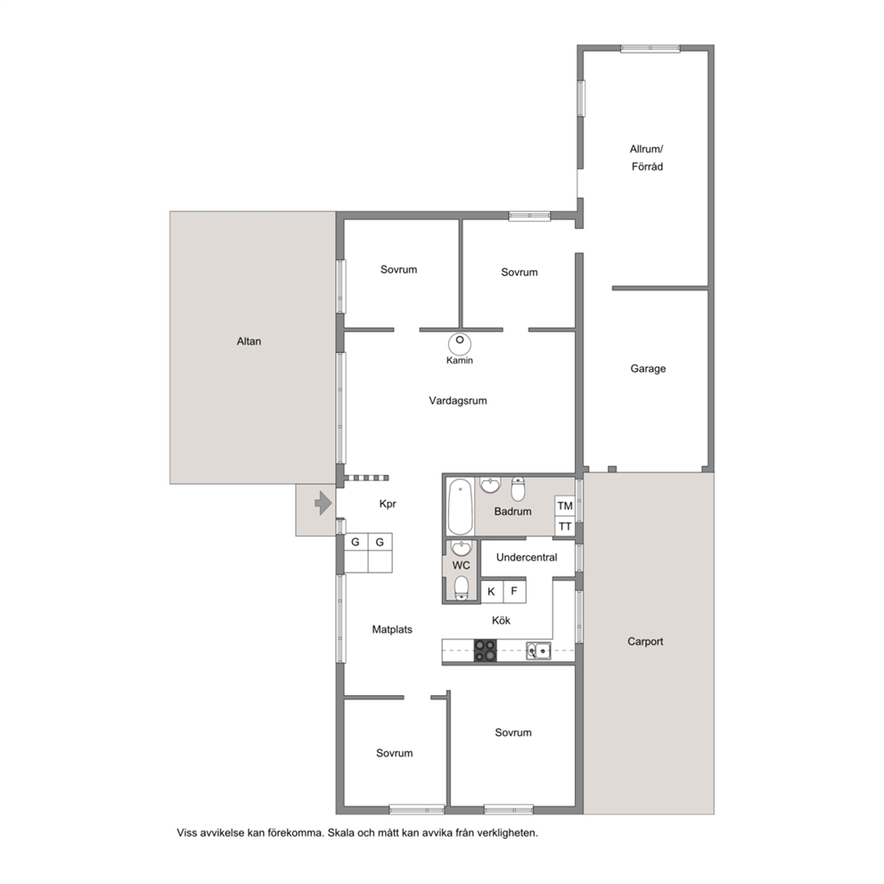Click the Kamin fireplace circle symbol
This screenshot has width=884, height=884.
tap(460, 344)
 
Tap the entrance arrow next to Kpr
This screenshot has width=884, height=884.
tap(323, 503)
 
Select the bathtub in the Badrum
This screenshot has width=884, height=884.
tap(460, 506)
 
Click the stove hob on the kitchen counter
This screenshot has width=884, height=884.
tap(485, 650)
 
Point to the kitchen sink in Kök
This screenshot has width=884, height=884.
tap(538, 651)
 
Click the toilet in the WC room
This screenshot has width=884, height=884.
tap(462, 587)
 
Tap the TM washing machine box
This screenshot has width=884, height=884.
tap(565, 505)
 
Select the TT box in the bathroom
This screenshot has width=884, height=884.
tap(565, 527)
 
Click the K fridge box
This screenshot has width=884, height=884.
tap(492, 592)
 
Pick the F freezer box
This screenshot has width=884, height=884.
tap(514, 592)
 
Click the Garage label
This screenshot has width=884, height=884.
tap(648, 369)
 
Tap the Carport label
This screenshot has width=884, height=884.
tap(645, 642)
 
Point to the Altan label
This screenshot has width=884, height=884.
tap(249, 341)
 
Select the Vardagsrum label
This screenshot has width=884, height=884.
tap(458, 401)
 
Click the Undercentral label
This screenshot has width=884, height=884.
tap(527, 557)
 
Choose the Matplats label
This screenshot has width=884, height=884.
tap(392, 629)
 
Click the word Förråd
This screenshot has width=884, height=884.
tap(647, 167)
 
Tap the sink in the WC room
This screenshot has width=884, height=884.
tap(462, 548)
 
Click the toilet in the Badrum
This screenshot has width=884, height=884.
tap(518, 489)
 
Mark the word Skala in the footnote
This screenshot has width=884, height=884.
tap(342, 832)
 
